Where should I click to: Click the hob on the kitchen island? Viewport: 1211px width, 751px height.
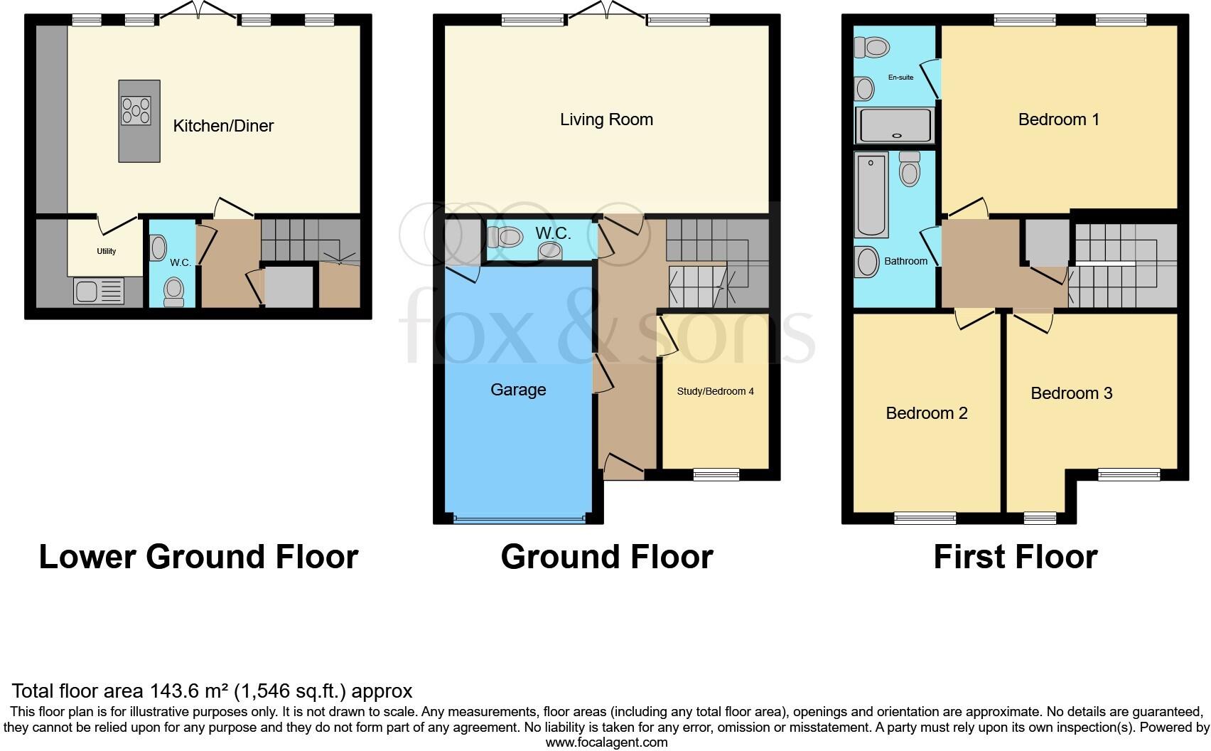click(136, 111)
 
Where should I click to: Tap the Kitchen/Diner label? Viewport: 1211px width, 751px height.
click(223, 126)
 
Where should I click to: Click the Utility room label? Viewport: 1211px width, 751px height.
click(107, 251)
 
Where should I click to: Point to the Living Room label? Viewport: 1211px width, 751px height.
click(606, 119)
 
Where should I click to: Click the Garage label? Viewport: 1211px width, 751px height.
click(518, 390)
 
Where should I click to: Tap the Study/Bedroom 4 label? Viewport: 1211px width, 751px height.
click(715, 391)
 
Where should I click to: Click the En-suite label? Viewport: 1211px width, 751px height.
click(900, 77)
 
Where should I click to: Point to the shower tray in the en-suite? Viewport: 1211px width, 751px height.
click(895, 125)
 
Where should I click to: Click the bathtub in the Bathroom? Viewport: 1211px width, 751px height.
click(872, 194)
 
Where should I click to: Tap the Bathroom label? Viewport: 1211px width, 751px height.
click(905, 261)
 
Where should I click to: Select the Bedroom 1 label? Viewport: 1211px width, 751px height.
click(1058, 119)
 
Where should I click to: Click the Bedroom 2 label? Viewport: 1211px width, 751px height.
click(926, 413)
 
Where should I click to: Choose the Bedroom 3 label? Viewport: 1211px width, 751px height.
click(1071, 393)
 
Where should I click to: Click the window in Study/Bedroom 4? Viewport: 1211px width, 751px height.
click(716, 474)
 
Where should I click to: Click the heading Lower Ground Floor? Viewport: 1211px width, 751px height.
click(198, 557)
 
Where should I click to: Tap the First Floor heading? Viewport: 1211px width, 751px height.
click(1015, 557)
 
